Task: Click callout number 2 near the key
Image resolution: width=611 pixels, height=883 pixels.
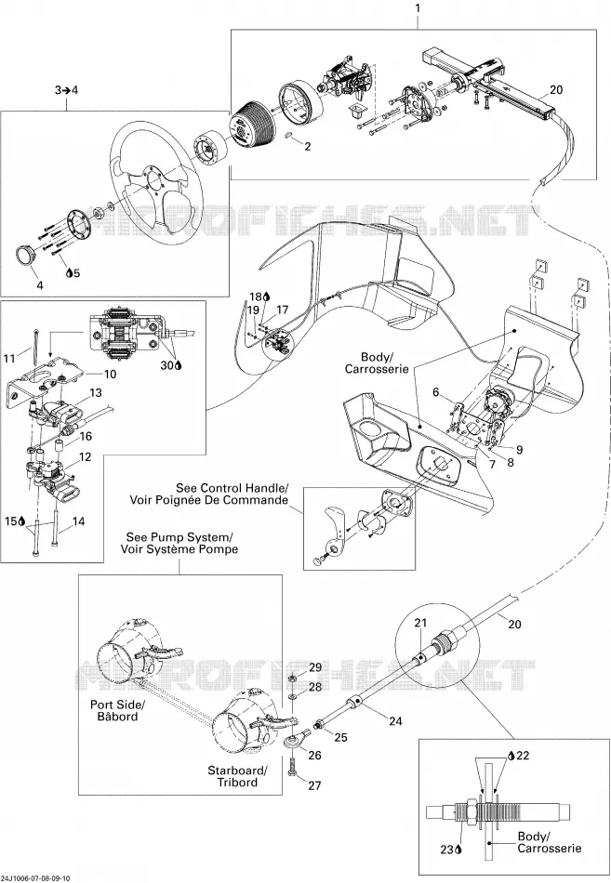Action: coord(307,147)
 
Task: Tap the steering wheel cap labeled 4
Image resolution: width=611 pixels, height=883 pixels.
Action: coord(26,255)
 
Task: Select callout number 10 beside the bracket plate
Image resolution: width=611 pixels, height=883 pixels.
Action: coord(110,374)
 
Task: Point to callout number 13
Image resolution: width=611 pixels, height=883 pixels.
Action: coord(96,392)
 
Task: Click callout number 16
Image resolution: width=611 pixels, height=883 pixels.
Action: coord(86,436)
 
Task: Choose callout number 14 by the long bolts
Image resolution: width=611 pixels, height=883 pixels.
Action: coord(78,521)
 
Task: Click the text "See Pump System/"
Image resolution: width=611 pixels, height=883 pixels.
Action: coord(179,536)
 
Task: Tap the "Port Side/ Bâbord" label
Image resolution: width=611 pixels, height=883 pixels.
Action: coord(117,710)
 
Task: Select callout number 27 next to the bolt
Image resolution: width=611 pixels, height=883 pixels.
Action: coord(314,785)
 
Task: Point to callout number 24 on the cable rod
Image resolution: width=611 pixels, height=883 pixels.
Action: coord(395,720)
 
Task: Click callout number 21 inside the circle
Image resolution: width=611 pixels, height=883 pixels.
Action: coord(421,624)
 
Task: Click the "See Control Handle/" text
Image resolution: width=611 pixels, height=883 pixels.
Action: coord(232,488)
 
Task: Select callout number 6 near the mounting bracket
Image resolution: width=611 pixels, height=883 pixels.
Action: coord(436,392)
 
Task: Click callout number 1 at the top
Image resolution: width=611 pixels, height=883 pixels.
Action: coord(418,7)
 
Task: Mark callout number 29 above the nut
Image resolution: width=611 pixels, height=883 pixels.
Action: coord(314,667)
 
